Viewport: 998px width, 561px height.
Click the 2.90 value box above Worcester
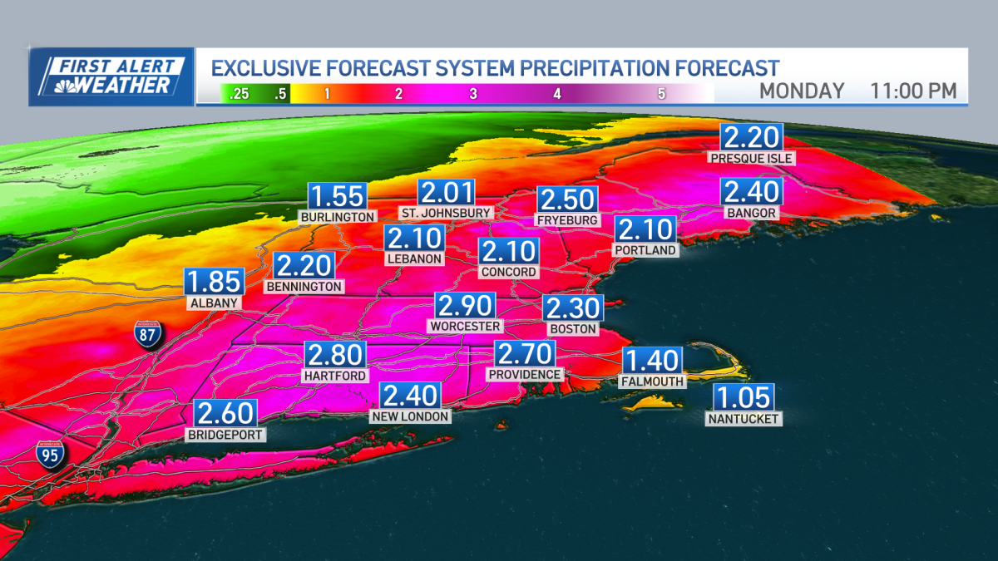[x=466, y=306]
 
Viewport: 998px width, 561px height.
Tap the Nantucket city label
[x=743, y=419]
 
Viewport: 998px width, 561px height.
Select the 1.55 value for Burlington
[x=338, y=196]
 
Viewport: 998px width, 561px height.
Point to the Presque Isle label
[x=751, y=157]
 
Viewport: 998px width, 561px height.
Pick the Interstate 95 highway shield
[x=51, y=455]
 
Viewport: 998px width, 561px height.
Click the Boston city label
[x=573, y=328]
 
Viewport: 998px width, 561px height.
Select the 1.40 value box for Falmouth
[x=653, y=361]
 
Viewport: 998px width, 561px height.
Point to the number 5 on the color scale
[x=661, y=94]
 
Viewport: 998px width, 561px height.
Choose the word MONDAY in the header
[x=802, y=91]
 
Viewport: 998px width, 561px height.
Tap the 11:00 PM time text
[x=913, y=91]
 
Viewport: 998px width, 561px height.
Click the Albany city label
[x=215, y=303]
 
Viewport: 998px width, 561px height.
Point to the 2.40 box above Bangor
[x=752, y=192]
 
